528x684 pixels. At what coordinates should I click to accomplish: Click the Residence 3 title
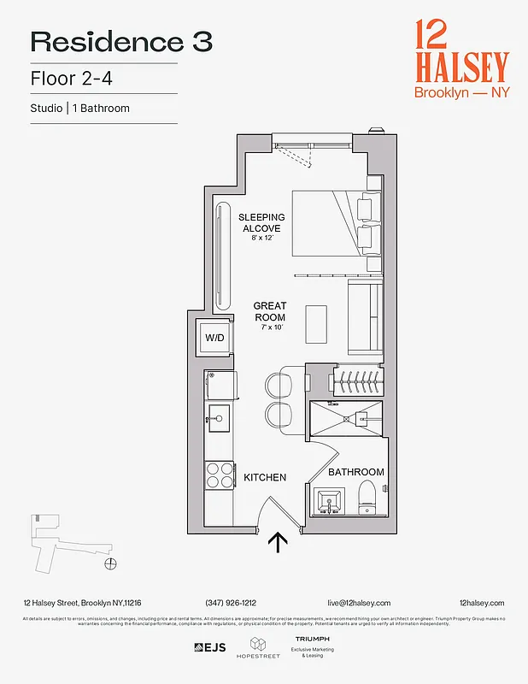tap(121, 42)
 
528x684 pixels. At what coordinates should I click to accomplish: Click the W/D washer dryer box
tap(214, 338)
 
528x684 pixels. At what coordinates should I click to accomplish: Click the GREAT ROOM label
tap(270, 312)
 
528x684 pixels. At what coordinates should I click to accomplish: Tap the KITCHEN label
tap(265, 477)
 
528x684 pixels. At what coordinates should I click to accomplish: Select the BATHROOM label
tap(357, 472)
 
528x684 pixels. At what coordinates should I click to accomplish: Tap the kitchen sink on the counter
tap(217, 419)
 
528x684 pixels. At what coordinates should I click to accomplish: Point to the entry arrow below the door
tap(279, 544)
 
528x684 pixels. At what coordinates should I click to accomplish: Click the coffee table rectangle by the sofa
tap(316, 323)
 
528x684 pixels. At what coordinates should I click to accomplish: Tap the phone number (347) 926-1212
tap(231, 603)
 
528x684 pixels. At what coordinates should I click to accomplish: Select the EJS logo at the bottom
tap(210, 647)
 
